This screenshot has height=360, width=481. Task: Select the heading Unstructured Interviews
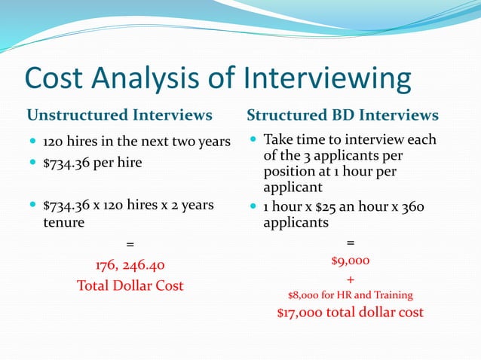(x=119, y=115)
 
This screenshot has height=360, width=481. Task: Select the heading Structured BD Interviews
(x=342, y=115)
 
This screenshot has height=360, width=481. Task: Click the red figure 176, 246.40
(x=129, y=265)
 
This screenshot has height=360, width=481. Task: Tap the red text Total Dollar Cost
(x=130, y=285)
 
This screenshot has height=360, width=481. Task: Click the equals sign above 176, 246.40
(x=129, y=244)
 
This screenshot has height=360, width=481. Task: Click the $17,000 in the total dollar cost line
(x=300, y=313)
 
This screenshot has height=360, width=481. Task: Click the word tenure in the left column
(x=63, y=223)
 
